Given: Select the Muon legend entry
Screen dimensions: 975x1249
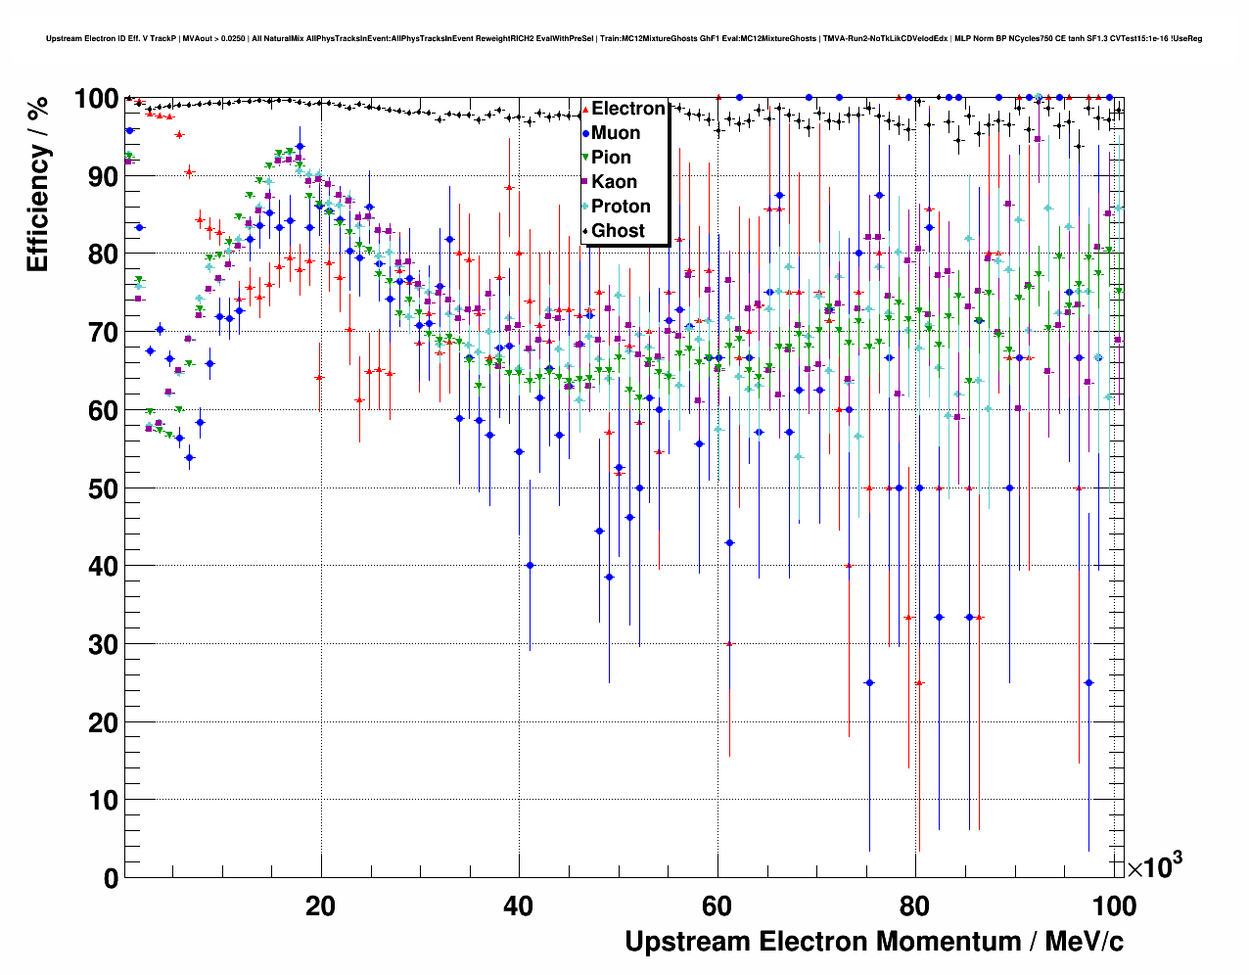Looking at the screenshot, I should coord(616,133).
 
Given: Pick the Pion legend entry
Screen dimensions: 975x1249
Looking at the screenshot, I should coord(611,158).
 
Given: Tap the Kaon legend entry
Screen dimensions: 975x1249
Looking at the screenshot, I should coord(614,182).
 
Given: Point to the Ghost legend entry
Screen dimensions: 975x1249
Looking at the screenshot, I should coord(618,231).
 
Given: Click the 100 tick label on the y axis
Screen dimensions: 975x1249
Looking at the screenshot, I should coord(96,99).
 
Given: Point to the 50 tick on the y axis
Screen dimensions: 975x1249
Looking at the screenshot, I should coord(103,488).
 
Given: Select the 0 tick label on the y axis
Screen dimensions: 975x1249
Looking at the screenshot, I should coord(111,878).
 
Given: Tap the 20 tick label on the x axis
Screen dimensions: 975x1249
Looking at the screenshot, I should coord(321,906).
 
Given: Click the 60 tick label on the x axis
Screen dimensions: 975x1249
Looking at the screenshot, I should coord(717,906).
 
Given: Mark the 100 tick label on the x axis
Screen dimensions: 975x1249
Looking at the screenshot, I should coord(1114,906).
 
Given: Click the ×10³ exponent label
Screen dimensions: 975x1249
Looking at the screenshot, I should coord(1154,866).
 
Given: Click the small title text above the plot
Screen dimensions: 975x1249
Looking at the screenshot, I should coord(624,39).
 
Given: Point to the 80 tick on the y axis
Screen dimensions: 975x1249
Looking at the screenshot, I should coord(103,255).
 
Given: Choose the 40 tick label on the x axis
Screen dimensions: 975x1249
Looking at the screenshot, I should coord(519,906).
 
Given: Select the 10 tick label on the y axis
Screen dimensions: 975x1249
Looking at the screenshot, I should coord(103,801).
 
